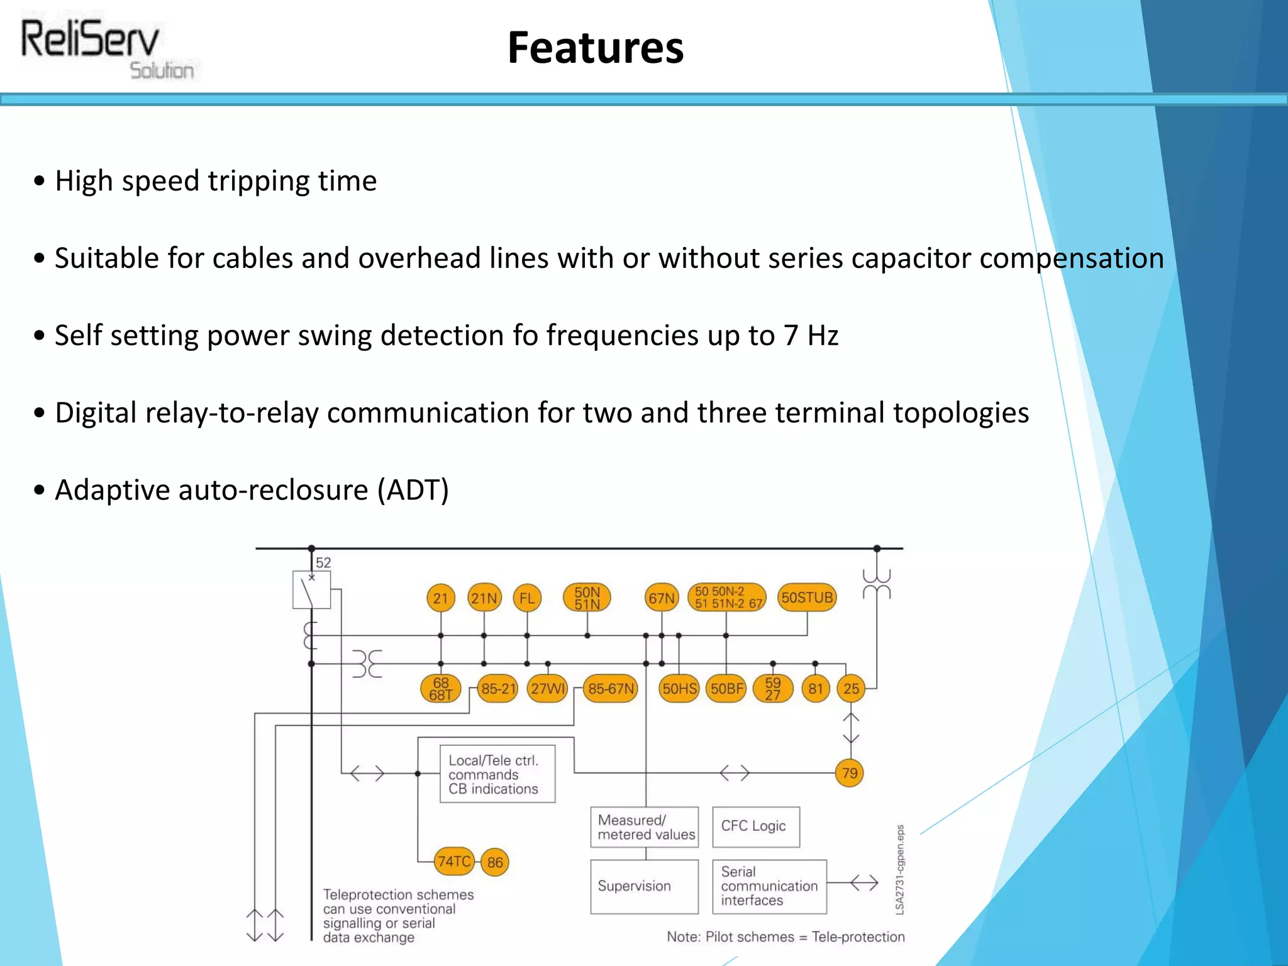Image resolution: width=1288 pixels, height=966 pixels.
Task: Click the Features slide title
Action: pyautogui.click(x=595, y=48)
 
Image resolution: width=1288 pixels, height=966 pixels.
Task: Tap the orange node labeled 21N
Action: pyautogui.click(x=484, y=597)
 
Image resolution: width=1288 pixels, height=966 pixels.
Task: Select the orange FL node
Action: pyautogui.click(x=526, y=597)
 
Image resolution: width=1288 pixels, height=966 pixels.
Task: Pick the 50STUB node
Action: pyautogui.click(x=807, y=597)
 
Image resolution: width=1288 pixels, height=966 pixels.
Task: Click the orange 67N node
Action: pyautogui.click(x=662, y=597)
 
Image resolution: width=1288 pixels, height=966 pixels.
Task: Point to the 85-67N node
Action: pyautogui.click(x=611, y=689)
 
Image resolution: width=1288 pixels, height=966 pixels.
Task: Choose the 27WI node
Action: pyautogui.click(x=548, y=689)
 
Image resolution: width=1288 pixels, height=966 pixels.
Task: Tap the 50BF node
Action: pyautogui.click(x=726, y=689)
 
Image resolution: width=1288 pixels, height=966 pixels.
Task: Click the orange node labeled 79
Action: pyautogui.click(x=850, y=773)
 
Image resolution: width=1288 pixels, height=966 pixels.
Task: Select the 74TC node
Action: pyautogui.click(x=454, y=861)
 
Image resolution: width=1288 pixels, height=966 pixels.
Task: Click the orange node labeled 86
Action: pyautogui.click(x=495, y=862)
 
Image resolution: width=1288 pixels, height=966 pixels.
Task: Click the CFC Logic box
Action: pyautogui.click(x=755, y=826)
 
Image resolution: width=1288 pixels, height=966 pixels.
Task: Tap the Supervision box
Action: pyautogui.click(x=644, y=886)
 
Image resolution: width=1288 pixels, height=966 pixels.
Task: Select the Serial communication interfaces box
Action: pyautogui.click(x=769, y=886)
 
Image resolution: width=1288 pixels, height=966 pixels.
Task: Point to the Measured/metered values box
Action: pyautogui.click(x=644, y=827)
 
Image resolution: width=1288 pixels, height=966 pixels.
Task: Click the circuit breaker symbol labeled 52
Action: pyautogui.click(x=311, y=590)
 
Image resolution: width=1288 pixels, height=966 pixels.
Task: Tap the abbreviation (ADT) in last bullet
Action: pyautogui.click(x=413, y=490)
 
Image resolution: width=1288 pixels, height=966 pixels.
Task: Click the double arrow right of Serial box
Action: pyautogui.click(x=864, y=883)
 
